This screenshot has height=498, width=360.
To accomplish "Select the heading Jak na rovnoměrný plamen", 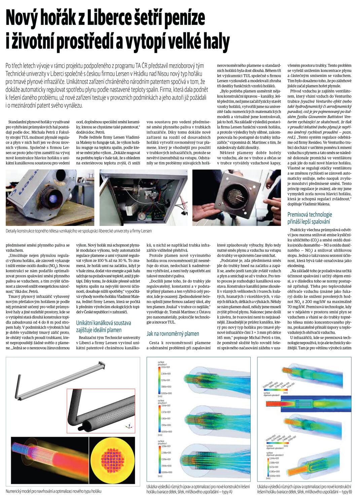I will pos(173,334).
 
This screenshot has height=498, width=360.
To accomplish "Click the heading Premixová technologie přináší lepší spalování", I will pos(310,218).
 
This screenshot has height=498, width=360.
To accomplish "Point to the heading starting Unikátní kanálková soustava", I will pos(103,326).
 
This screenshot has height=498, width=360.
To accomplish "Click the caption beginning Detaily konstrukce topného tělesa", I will pos(79,231).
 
